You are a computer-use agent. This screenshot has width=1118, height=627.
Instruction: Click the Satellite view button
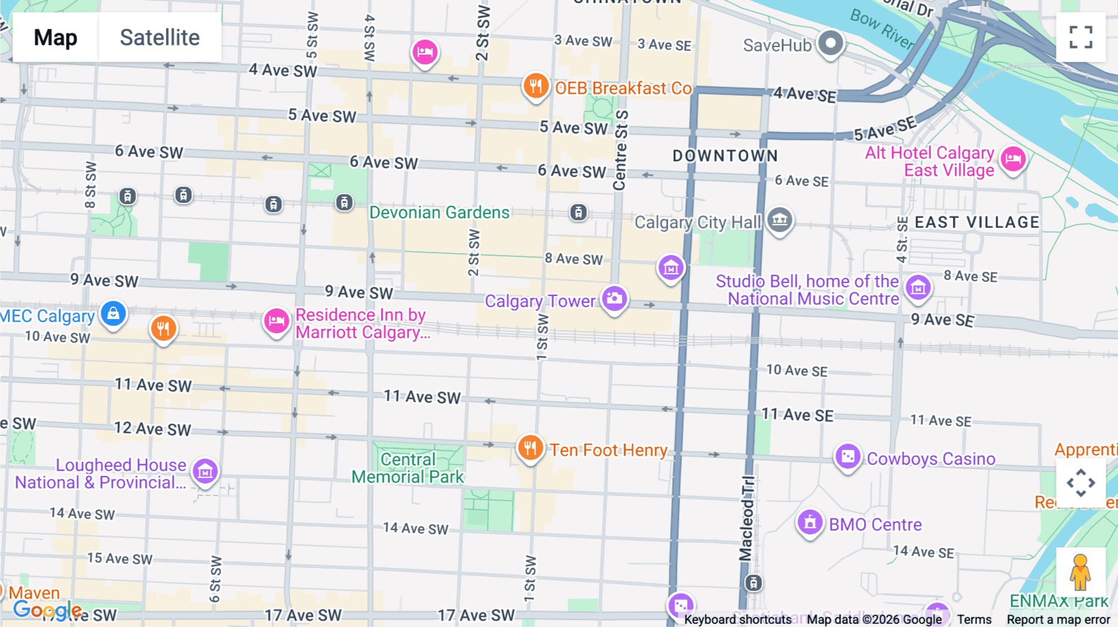pyautogui.click(x=160, y=37)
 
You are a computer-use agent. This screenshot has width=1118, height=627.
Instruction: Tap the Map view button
pyautogui.click(x=55, y=37)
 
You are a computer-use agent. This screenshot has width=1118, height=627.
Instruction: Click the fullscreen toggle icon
pyautogui.click(x=1081, y=37)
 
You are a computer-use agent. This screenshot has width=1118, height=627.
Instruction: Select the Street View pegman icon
pyautogui.click(x=1080, y=572)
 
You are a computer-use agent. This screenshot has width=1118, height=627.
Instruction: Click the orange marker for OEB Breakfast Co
pyautogui.click(x=535, y=86)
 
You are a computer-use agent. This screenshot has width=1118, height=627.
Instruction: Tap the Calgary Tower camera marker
pyautogui.click(x=614, y=299)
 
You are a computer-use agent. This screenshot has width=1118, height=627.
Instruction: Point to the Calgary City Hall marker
pyautogui.click(x=779, y=220)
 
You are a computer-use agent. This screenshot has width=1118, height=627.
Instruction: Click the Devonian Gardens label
pyautogui.click(x=439, y=212)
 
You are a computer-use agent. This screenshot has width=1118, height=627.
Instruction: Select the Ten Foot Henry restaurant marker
pyautogui.click(x=530, y=448)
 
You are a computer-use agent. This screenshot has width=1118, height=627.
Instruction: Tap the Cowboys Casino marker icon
pyautogui.click(x=848, y=458)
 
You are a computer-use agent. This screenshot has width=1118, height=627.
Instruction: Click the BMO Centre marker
pyautogui.click(x=810, y=523)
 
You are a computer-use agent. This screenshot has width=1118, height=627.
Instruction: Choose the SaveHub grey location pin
pyautogui.click(x=830, y=43)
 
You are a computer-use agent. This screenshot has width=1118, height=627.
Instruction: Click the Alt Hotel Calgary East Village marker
pyautogui.click(x=1013, y=159)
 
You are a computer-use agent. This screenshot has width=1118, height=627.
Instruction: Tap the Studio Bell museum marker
pyautogui.click(x=918, y=287)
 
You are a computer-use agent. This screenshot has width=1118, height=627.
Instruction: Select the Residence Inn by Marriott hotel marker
pyautogui.click(x=276, y=321)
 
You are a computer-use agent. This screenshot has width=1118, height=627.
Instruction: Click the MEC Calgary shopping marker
pyautogui.click(x=113, y=313)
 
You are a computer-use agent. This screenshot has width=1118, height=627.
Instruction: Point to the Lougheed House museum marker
pyautogui.click(x=205, y=472)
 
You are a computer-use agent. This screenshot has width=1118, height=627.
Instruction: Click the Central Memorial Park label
pyautogui.click(x=408, y=468)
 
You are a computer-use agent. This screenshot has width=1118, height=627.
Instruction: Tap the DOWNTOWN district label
pyautogui.click(x=725, y=156)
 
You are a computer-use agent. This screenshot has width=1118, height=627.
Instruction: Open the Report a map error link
pyautogui.click(x=1058, y=620)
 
